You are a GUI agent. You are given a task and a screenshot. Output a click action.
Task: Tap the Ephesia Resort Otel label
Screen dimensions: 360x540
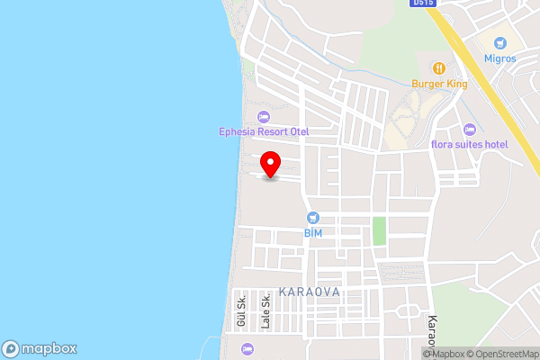tap(264, 131)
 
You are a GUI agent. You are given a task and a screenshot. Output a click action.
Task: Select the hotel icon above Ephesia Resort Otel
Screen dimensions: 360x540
tap(264, 116)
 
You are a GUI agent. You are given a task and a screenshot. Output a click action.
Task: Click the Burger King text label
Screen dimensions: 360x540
tap(438, 84)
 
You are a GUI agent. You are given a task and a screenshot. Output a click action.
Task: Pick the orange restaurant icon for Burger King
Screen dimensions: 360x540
tap(438, 68)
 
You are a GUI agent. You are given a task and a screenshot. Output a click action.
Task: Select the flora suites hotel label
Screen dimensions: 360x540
tap(470, 144)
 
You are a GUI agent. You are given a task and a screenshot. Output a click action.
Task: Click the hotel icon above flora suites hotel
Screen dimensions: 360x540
tap(470, 129)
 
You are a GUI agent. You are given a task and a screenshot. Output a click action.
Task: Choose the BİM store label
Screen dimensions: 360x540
tap(312, 232)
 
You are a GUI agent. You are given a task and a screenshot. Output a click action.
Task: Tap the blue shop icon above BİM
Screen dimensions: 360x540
tap(312, 217)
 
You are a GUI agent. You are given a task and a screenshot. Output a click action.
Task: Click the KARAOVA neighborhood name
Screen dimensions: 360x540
tap(310, 292)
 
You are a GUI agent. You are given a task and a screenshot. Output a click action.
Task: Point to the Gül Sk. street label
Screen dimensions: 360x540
tap(241, 310)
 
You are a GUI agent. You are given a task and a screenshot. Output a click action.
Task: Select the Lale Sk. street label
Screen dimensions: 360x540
tap(265, 310)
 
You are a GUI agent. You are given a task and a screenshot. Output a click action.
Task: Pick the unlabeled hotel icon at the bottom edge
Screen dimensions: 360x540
tap(247, 348)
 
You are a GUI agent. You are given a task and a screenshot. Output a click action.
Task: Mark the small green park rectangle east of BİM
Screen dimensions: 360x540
tap(379, 230)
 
